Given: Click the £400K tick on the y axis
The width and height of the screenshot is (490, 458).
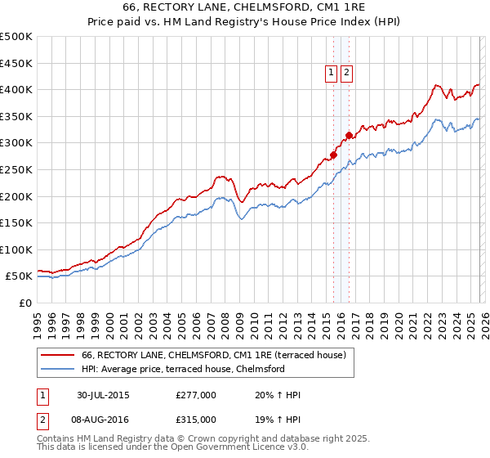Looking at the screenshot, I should pos(16,89).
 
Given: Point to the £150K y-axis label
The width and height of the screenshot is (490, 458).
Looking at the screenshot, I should pos(16,222).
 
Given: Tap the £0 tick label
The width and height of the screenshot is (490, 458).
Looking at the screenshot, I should pos(26,303).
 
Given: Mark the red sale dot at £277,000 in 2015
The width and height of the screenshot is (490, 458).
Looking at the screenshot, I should pos(333,155).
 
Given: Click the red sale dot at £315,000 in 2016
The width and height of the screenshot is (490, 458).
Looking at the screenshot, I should pos(349,135).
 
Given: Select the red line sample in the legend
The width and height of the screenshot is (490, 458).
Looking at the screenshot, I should pos(57,355).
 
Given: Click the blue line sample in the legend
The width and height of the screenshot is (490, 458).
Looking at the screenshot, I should pos(57,369).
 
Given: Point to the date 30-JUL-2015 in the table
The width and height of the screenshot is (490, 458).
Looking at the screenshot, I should pos(103,395).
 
